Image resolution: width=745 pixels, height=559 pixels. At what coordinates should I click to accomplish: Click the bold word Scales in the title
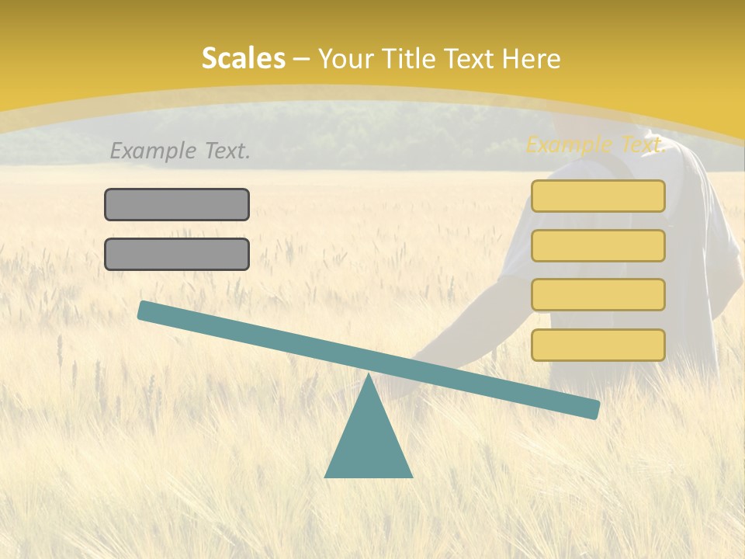coord(244,58)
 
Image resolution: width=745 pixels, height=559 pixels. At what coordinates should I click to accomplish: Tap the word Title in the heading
coord(404,58)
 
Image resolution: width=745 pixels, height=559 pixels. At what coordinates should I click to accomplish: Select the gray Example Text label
coord(180,151)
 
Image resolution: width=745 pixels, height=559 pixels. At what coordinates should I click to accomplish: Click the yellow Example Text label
coord(595,144)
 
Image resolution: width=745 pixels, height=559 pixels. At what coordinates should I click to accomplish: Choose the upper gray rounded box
coord(177,204)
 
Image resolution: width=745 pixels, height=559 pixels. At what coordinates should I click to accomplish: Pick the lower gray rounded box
coord(177,254)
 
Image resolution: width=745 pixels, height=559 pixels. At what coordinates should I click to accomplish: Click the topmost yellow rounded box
coord(598,196)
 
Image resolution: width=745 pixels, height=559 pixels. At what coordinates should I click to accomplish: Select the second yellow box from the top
coord(598,245)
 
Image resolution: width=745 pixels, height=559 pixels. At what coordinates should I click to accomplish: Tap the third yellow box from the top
coord(598,295)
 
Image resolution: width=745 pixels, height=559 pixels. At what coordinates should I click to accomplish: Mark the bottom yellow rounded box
coord(598,345)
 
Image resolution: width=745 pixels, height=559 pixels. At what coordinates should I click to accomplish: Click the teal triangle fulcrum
coord(369,443)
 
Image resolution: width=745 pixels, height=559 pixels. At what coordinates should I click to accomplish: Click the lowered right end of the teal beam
coord(591,408)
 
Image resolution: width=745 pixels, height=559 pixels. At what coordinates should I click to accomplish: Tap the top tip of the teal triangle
coord(369,377)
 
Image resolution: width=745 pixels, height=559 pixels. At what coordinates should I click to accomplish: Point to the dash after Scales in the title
coord(301,59)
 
